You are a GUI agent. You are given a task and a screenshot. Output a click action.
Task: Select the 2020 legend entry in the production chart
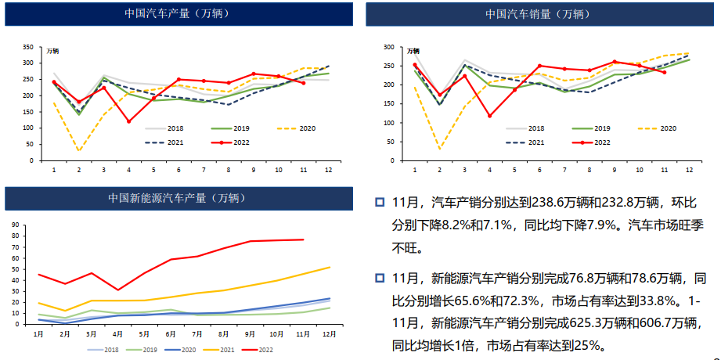click(x=306, y=128)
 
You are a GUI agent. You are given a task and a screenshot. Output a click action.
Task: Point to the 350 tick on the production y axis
click(x=30, y=47)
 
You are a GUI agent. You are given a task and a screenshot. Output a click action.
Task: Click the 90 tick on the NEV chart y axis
click(x=15, y=225)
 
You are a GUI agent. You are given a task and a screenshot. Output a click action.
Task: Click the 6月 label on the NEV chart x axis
click(x=169, y=334)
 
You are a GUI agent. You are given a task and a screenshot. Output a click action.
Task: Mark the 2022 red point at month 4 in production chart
click(x=128, y=121)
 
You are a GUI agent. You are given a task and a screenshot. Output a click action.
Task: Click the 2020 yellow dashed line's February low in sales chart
click(x=439, y=148)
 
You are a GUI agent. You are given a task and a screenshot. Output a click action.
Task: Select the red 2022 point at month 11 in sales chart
click(x=664, y=72)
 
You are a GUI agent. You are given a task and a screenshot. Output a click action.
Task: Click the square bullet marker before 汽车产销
click(x=380, y=203)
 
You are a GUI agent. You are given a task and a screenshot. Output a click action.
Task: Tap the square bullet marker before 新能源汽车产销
click(x=380, y=278)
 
